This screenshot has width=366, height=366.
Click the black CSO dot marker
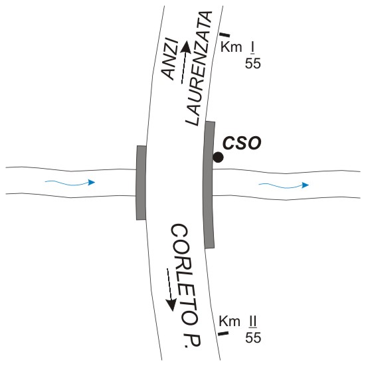218,157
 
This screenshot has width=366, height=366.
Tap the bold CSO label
242,143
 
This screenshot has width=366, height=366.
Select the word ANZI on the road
170,59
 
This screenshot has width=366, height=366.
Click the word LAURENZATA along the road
199,68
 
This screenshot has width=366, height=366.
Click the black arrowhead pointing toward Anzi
186,46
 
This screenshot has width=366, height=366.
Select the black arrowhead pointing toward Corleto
171,305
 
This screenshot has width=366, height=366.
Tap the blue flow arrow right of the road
284,186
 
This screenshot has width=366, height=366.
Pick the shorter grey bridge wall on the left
141,183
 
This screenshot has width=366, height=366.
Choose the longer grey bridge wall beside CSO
209,185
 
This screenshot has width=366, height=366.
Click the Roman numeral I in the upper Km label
252,48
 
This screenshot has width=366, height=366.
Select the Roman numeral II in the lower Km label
252,322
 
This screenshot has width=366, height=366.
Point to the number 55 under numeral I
253,63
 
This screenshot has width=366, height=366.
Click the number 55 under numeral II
253,337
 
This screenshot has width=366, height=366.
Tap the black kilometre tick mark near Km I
225,35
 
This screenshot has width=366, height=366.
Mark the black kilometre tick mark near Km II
223,333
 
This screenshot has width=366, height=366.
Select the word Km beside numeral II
230,321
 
